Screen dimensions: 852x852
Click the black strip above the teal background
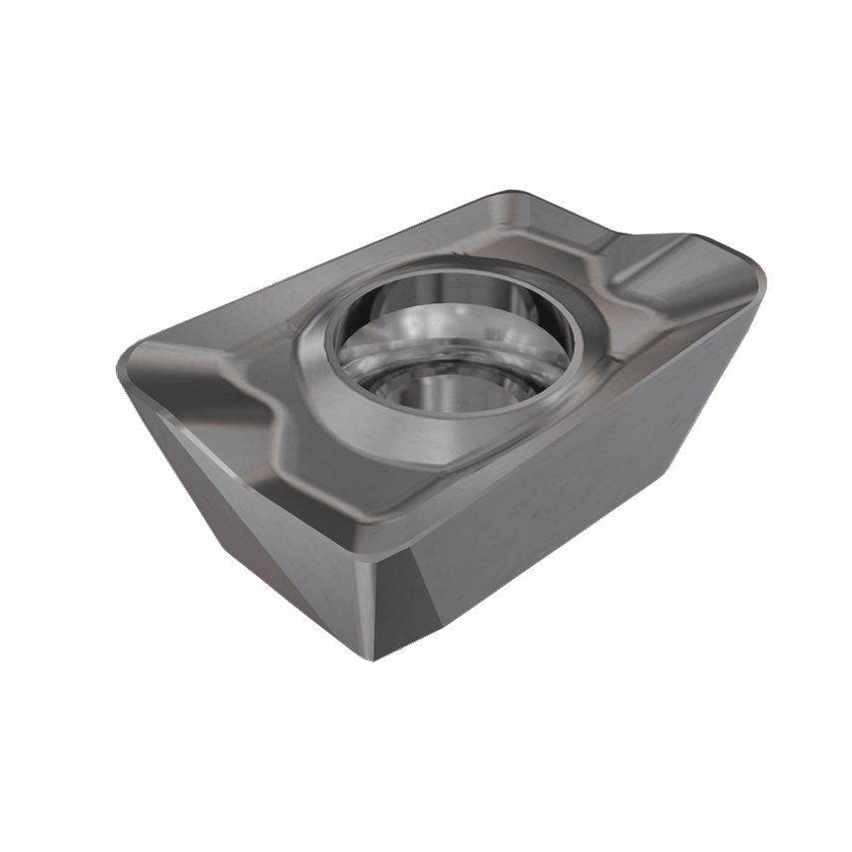pyautogui.click(x=426, y=80)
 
